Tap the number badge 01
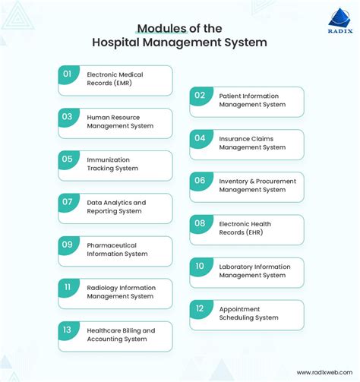pos(68,74)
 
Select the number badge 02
pos(200,95)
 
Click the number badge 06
pos(200,181)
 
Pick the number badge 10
pos(200,266)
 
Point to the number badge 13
pos(68,330)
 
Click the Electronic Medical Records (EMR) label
pos(115,79)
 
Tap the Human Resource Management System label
pos(119,122)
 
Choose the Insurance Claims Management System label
pos(251,143)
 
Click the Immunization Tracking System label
pos(112,164)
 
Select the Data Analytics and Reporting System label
pos(116,207)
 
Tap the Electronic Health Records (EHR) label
pos(245,228)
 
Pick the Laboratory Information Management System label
pos(254,270)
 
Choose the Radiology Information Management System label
pos(121,292)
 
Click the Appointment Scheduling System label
pos(248,313)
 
